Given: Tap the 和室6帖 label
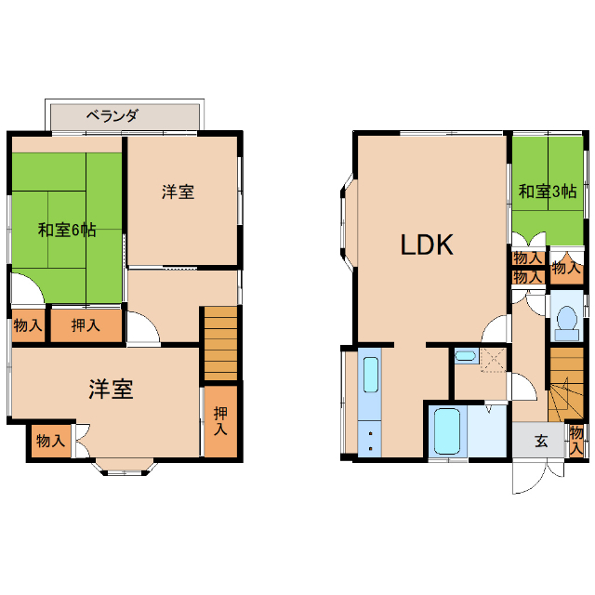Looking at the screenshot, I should tap(67, 229).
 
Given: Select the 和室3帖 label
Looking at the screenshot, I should tap(548, 192).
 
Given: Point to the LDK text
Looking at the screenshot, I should tap(427, 245).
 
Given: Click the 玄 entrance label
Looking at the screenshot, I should tap(541, 441).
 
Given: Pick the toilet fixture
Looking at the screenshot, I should tap(564, 322).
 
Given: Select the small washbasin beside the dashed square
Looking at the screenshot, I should tap(464, 355).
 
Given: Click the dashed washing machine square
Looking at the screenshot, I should tap(493, 359).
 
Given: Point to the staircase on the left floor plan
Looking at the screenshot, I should tap(221, 341).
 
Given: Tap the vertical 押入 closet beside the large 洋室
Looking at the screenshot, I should tap(220, 420).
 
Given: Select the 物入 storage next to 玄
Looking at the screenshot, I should tap(577, 439).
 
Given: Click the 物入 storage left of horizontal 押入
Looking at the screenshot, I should tap(27, 325).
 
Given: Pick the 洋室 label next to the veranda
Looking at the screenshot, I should tap(178, 192).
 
